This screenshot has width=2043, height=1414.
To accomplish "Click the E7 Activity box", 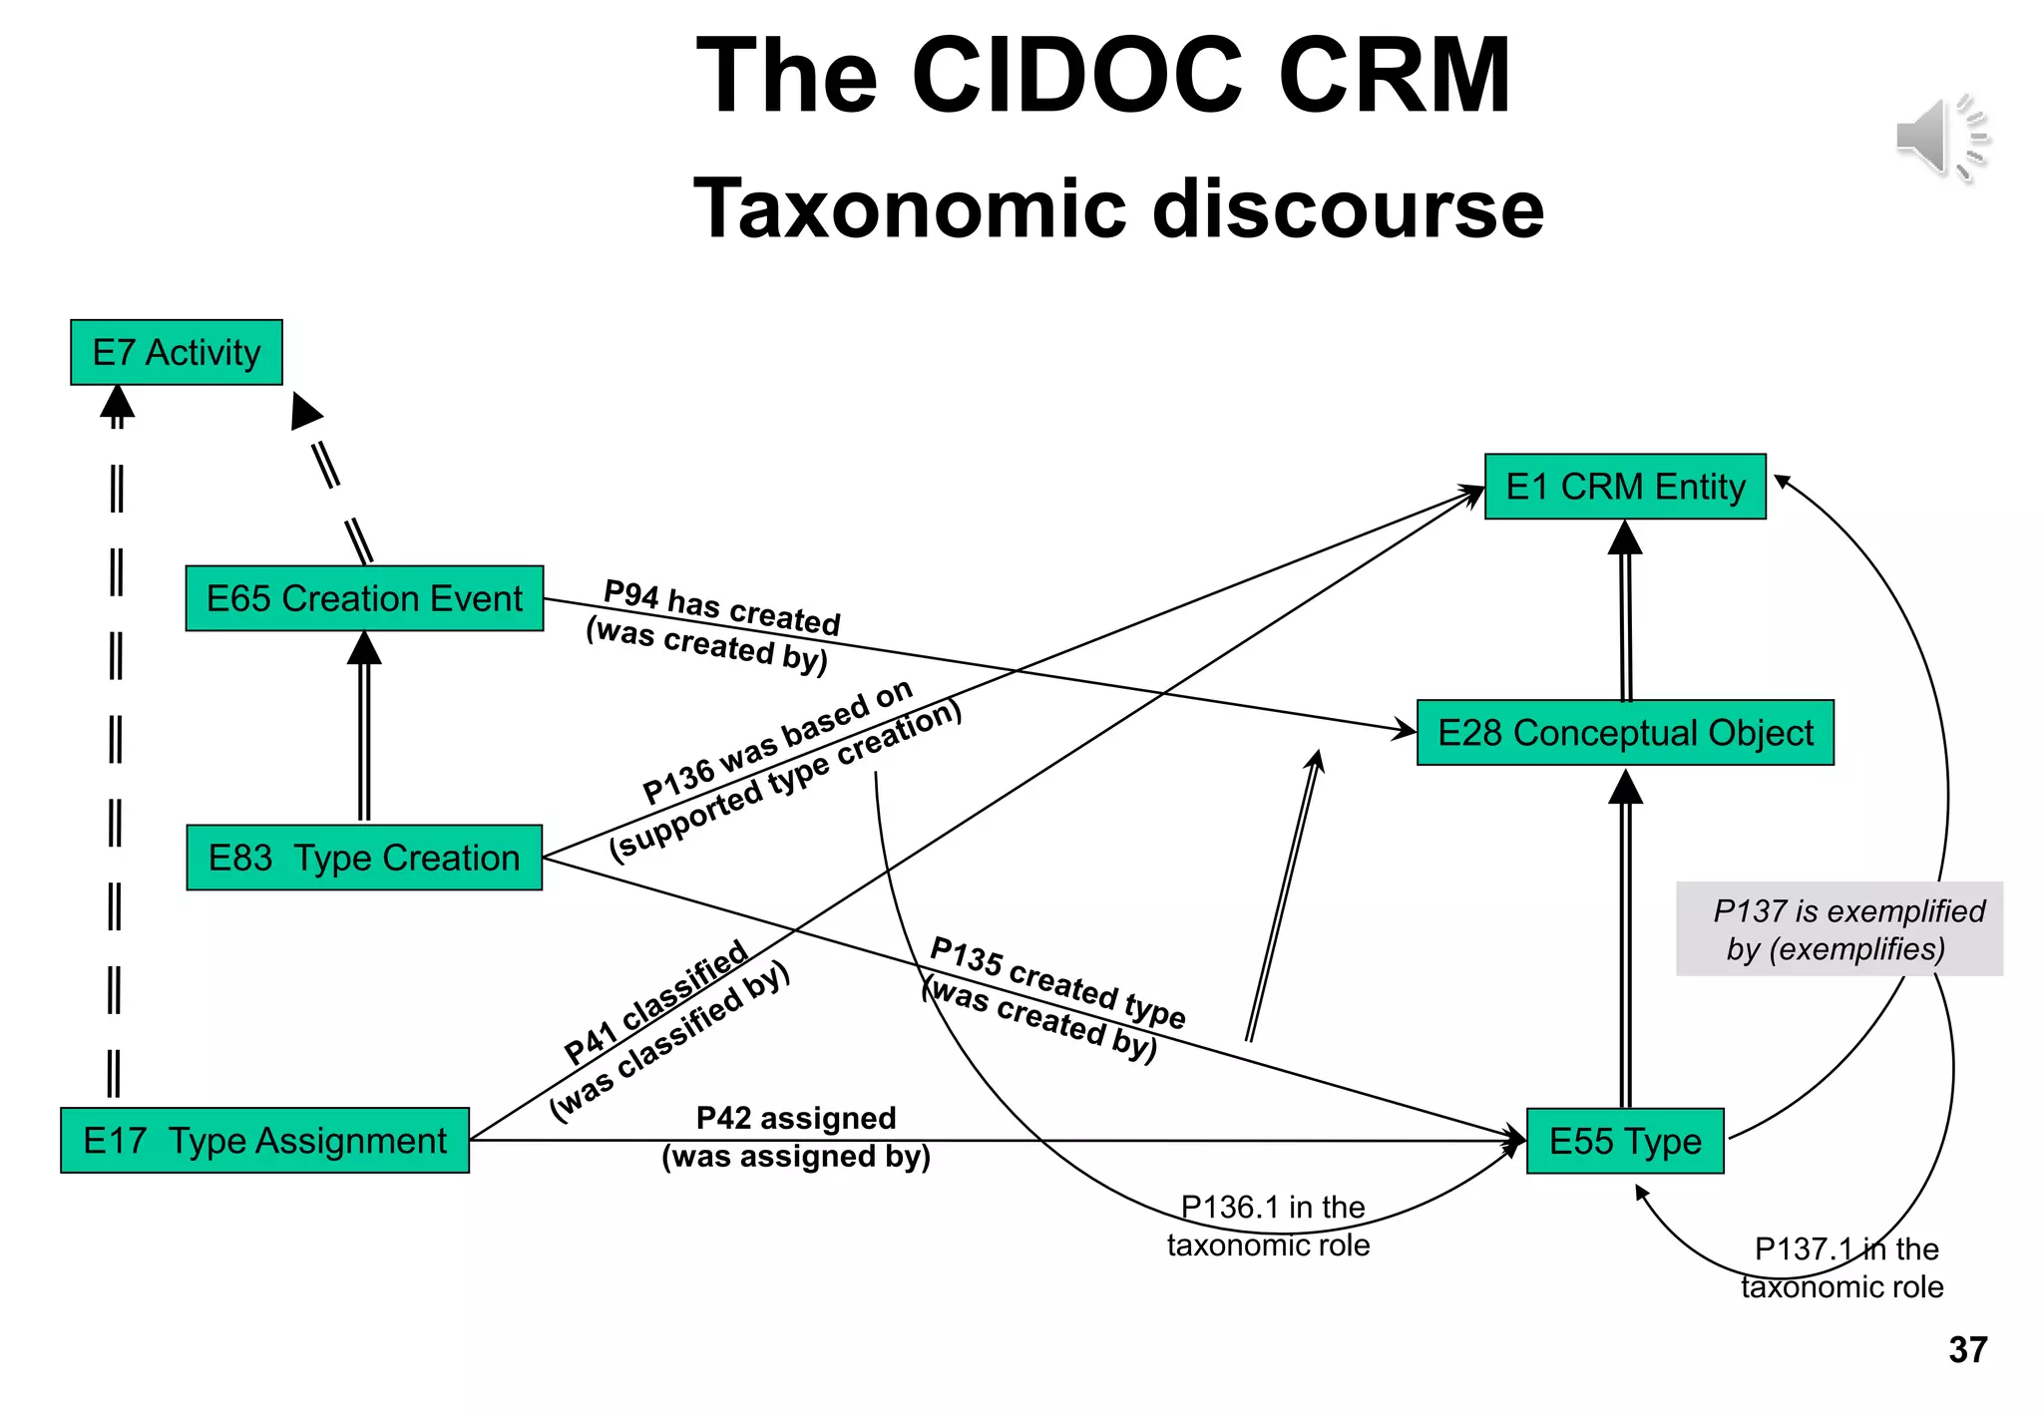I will [x=177, y=352].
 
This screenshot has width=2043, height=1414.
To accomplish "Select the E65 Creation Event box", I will [x=364, y=598].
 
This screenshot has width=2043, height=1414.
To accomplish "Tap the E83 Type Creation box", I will [x=364, y=858].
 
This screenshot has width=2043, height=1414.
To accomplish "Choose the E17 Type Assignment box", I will [x=264, y=1140].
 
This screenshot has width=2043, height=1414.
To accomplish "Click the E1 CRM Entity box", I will [x=1625, y=487].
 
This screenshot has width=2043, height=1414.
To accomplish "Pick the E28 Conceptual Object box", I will [x=1625, y=733].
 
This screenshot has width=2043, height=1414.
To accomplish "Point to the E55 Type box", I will [x=1625, y=1141].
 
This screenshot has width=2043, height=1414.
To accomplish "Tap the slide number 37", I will [x=1967, y=1350].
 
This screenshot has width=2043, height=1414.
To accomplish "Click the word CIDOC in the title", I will [x=1077, y=76].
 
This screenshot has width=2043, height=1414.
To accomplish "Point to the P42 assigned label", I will [x=795, y=1118].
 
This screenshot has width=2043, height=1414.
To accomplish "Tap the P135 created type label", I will [x=1057, y=983].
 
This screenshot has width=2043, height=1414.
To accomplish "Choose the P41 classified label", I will [x=655, y=1001].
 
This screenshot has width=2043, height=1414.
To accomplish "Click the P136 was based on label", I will [x=777, y=742].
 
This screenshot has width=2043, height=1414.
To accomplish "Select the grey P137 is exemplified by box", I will [x=1839, y=928].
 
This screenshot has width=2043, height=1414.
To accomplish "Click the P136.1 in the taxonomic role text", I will [x=1269, y=1227].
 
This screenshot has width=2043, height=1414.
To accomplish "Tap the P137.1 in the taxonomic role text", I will [x=1843, y=1267].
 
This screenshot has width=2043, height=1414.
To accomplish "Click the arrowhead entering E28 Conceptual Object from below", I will [x=1626, y=786].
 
